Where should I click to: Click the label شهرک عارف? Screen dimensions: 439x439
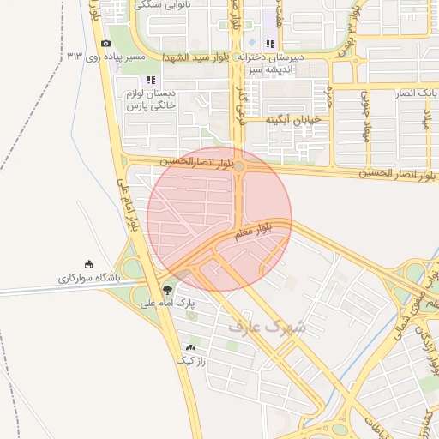[268, 327]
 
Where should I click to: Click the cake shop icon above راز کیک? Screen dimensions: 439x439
[191, 347]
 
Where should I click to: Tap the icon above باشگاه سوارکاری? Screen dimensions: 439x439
[88, 264]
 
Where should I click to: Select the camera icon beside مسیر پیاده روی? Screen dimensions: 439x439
[105, 44]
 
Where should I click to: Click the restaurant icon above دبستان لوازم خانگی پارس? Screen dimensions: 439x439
[152, 80]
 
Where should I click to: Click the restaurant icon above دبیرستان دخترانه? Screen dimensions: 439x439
[270, 44]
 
